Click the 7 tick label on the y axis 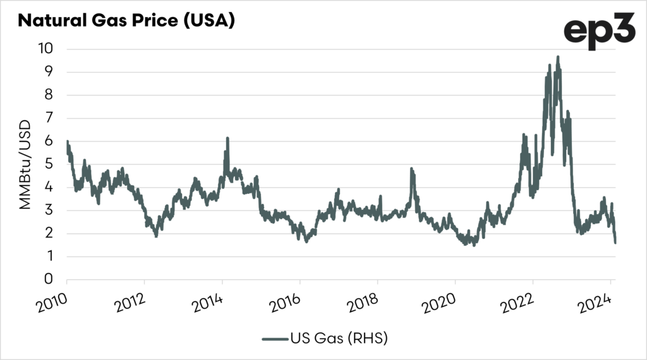coord(53,118)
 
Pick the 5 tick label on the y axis coord(53,164)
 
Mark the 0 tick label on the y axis coord(53,280)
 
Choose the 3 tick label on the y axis coord(53,210)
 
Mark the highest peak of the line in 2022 coord(557,57)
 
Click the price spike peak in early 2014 coord(227,138)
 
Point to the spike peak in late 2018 coord(412,169)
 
